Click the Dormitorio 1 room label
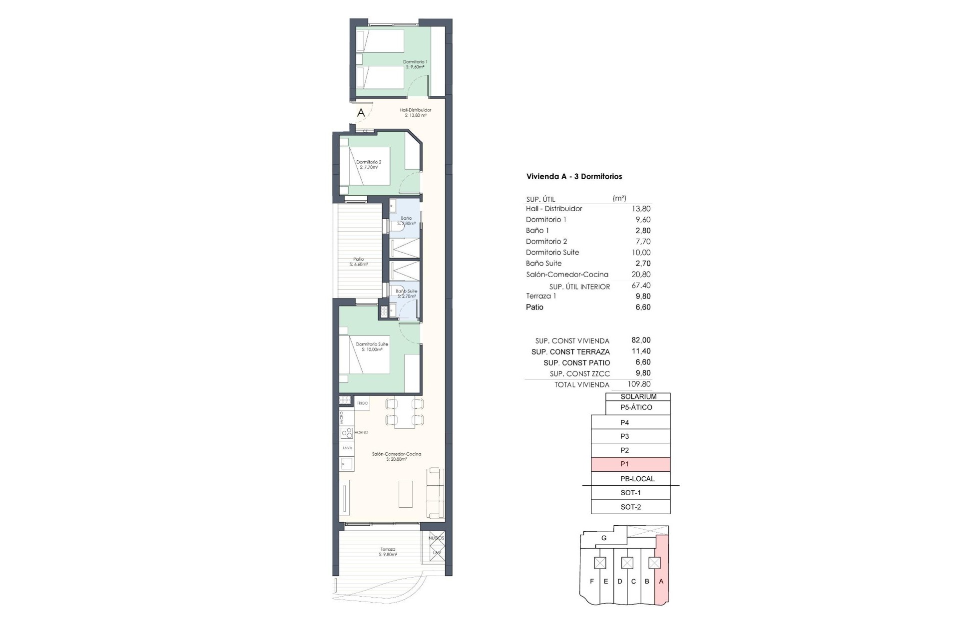coord(415,62)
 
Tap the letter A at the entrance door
coord(361,113)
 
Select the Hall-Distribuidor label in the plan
coord(415,110)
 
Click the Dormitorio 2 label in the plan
coord(369,162)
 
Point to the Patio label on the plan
coord(359,260)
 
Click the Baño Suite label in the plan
coord(406,291)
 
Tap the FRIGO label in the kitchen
coord(363,403)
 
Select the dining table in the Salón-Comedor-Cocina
coord(405,413)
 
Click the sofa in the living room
coord(436,493)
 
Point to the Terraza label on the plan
coord(388,550)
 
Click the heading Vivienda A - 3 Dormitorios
coord(574,177)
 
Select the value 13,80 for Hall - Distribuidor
coord(641,209)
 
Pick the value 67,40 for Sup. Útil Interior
coord(641,286)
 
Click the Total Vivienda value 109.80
coord(639,384)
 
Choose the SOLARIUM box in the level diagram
coord(638,397)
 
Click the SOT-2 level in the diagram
coord(630,507)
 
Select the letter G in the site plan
coord(604,538)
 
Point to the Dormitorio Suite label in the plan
coord(372,344)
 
